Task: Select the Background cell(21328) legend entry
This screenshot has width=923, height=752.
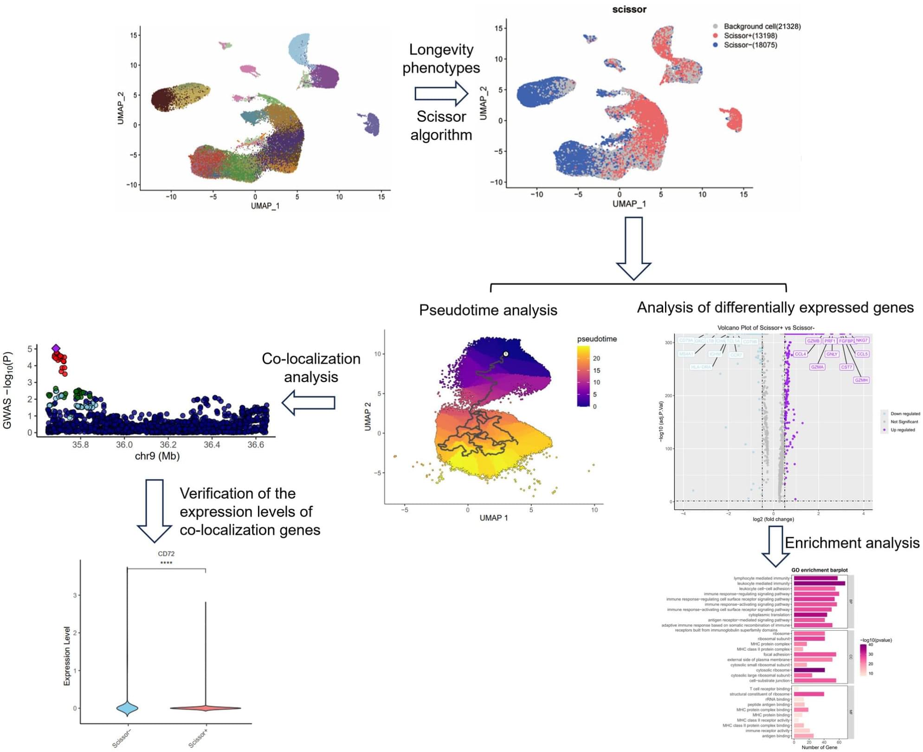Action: coord(762,26)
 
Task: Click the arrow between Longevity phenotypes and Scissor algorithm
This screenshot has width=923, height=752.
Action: coord(441,93)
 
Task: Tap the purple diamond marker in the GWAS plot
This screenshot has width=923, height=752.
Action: coord(56,348)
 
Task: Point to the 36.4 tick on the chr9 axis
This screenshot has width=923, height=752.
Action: coord(212,444)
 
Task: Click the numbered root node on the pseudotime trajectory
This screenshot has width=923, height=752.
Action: coord(506,354)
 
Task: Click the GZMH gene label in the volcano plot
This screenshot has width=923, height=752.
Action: coord(861,380)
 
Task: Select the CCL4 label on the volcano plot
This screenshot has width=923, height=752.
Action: coord(800,354)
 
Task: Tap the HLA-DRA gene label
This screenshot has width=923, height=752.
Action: coord(700,367)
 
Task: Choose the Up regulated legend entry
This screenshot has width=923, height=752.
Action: coord(902,430)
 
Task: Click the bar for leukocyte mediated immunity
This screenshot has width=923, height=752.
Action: coord(819,583)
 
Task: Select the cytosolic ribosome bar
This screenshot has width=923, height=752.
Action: coord(809,670)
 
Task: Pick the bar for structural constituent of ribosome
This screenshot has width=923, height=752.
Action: coord(808,694)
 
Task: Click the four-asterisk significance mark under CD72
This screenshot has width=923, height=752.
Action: coord(166,563)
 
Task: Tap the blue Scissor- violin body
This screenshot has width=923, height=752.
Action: coord(127,708)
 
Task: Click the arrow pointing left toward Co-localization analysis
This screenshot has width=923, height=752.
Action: coord(309,402)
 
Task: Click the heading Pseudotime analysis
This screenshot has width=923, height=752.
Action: coord(488,310)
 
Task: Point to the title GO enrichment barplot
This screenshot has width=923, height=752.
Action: coord(819,570)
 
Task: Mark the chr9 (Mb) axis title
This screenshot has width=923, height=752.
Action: coord(157,456)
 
